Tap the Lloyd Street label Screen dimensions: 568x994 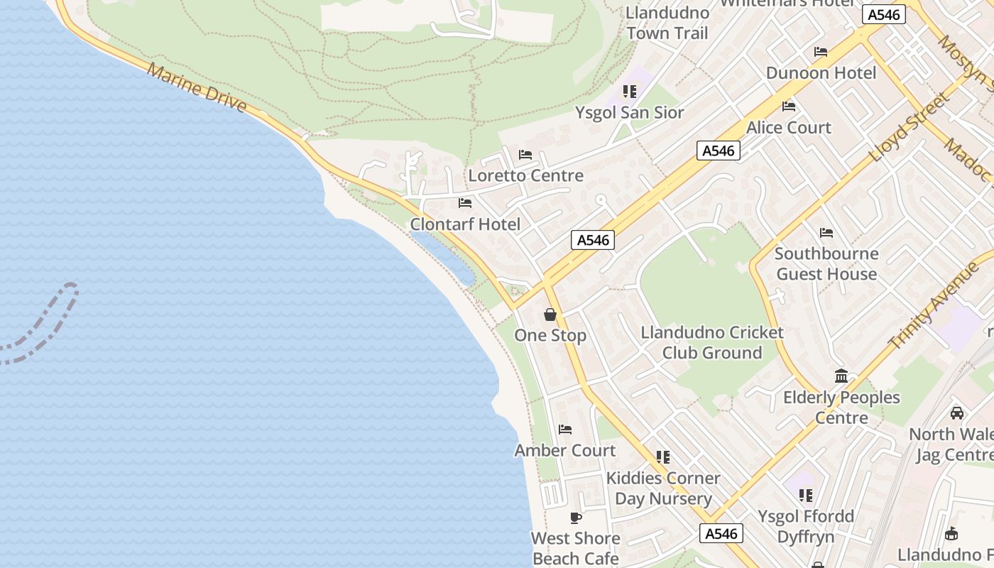(x=910, y=127)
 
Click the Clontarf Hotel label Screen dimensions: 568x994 (x=465, y=224)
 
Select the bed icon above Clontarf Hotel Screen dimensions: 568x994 (x=465, y=203)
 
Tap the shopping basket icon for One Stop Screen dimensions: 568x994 (x=550, y=315)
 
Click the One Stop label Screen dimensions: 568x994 (x=550, y=335)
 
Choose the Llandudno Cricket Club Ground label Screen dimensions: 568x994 (x=711, y=342)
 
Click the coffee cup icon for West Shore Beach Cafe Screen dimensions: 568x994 (x=576, y=518)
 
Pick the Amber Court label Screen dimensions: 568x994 (x=564, y=450)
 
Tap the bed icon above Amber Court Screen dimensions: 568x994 (x=565, y=430)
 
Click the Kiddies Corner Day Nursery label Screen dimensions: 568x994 (x=662, y=488)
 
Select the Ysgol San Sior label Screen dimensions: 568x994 (x=629, y=112)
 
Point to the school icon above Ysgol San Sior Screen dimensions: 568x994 (x=629, y=92)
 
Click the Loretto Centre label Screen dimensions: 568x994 (x=525, y=175)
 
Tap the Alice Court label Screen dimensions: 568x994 (x=788, y=128)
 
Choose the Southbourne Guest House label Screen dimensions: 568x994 (x=826, y=263)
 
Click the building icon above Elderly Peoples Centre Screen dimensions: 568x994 (x=841, y=376)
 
